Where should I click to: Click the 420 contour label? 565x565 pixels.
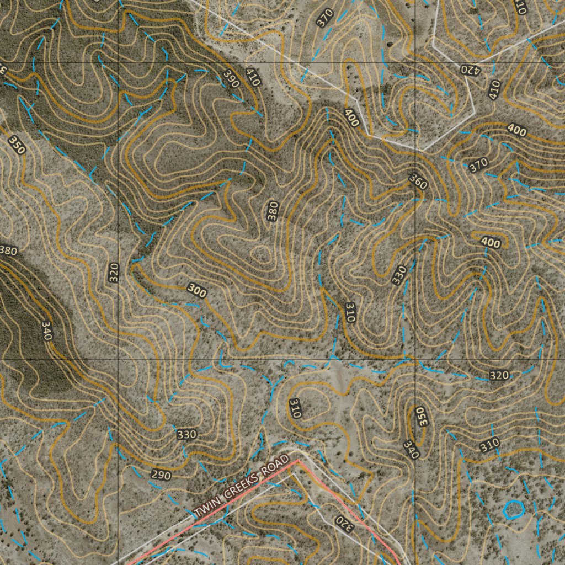click(x=471, y=70)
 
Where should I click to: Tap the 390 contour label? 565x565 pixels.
click(x=232, y=80)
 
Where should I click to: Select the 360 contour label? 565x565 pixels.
click(x=418, y=181)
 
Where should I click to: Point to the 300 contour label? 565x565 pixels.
click(x=197, y=290)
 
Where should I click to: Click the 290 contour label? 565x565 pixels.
click(x=161, y=475)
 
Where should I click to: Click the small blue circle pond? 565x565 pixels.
click(x=514, y=509)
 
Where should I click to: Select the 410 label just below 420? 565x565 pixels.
click(x=494, y=89)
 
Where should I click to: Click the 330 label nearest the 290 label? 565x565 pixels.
click(x=186, y=435)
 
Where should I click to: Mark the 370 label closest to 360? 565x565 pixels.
click(x=478, y=164)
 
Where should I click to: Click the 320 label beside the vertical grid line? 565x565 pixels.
click(x=114, y=273)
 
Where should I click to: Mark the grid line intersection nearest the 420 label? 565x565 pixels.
click(x=415, y=62)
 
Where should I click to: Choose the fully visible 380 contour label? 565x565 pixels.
click(x=273, y=211)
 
